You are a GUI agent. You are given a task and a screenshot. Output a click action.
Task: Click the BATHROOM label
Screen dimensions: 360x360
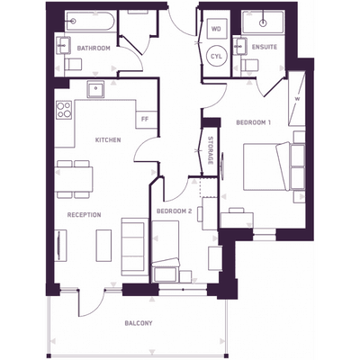(x=94, y=48)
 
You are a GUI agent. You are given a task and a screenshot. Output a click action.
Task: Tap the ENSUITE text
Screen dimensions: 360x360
(x=265, y=47)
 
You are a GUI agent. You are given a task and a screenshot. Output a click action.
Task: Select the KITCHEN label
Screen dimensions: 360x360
(x=108, y=140)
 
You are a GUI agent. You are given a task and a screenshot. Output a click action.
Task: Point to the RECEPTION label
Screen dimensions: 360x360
(x=84, y=215)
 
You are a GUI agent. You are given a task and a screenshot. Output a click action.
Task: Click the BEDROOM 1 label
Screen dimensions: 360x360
(x=254, y=122)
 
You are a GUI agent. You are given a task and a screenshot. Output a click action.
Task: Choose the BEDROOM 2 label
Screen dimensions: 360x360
(x=174, y=211)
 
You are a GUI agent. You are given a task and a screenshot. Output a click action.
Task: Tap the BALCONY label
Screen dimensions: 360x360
(x=139, y=323)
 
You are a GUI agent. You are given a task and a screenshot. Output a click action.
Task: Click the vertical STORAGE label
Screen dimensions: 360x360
(x=210, y=150)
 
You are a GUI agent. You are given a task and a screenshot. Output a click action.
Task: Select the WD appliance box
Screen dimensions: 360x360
(x=216, y=29)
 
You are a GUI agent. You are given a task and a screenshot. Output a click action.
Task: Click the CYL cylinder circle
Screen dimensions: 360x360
(x=217, y=56)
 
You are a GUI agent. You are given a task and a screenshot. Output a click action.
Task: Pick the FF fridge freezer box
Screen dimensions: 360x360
(x=145, y=119)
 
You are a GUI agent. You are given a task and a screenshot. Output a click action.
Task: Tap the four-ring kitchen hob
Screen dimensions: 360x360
(x=64, y=110)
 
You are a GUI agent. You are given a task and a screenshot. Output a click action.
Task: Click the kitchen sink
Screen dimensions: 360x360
(x=95, y=89)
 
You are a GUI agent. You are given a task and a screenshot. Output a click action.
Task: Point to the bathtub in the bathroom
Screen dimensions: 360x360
(x=90, y=22)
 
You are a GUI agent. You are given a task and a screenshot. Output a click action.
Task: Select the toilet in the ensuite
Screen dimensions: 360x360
(x=249, y=65)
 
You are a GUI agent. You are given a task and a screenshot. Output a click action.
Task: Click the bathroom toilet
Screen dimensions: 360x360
(x=73, y=64)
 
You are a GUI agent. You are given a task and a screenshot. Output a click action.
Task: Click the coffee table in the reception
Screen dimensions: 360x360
(x=103, y=245)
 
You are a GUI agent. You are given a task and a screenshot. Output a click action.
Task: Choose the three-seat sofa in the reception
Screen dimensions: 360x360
(x=135, y=247)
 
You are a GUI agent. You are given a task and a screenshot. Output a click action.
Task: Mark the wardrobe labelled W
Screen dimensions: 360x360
(x=296, y=99)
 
